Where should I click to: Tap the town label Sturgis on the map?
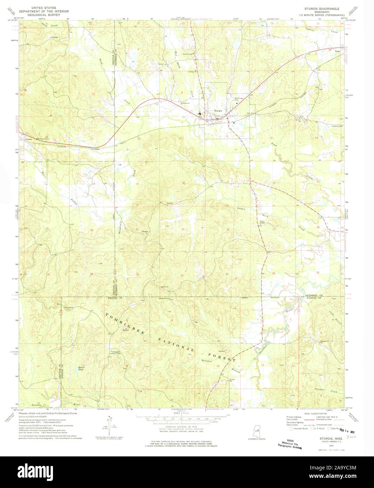pyautogui.click(x=218, y=110)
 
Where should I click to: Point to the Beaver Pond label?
pyautogui.click(x=81, y=369)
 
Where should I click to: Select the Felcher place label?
pyautogui.click(x=28, y=139)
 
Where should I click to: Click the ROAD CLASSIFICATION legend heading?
pyautogui.click(x=314, y=414)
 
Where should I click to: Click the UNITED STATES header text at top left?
pyautogui.click(x=44, y=7)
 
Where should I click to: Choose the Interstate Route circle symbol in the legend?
pyautogui.click(x=291, y=428)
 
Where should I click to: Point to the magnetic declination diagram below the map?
pyautogui.click(x=110, y=423)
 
